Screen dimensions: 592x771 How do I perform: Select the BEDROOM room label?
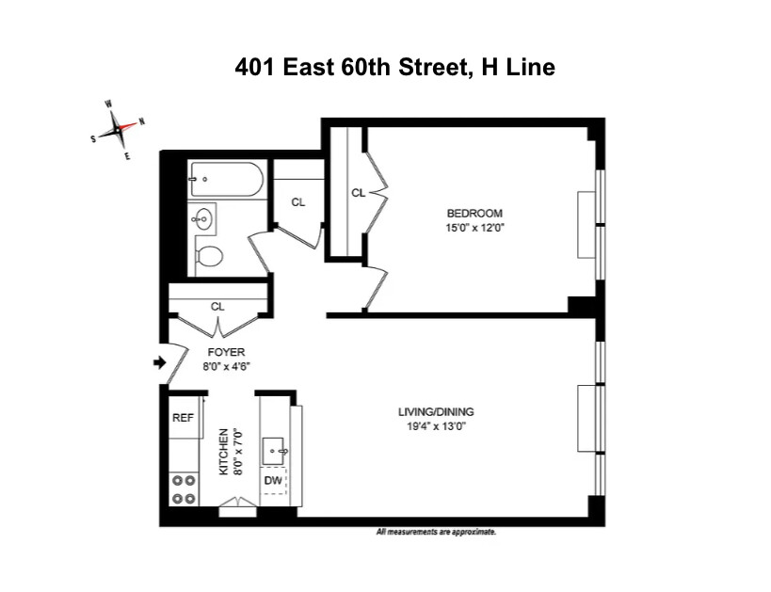[474, 213]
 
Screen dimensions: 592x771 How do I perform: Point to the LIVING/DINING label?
[434, 411]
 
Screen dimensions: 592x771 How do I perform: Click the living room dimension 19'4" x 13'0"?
[434, 425]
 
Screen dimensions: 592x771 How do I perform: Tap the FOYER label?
[226, 352]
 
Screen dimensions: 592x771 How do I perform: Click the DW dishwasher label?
[273, 481]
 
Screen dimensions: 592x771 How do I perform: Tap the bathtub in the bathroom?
[227, 179]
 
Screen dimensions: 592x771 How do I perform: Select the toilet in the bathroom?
[209, 254]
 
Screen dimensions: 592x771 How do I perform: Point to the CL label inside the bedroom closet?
[358, 193]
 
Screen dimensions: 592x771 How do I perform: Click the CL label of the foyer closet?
[217, 306]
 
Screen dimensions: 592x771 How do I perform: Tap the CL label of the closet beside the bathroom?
[298, 201]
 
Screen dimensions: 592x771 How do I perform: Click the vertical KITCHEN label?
[224, 451]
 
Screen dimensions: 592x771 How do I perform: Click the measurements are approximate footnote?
[436, 532]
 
